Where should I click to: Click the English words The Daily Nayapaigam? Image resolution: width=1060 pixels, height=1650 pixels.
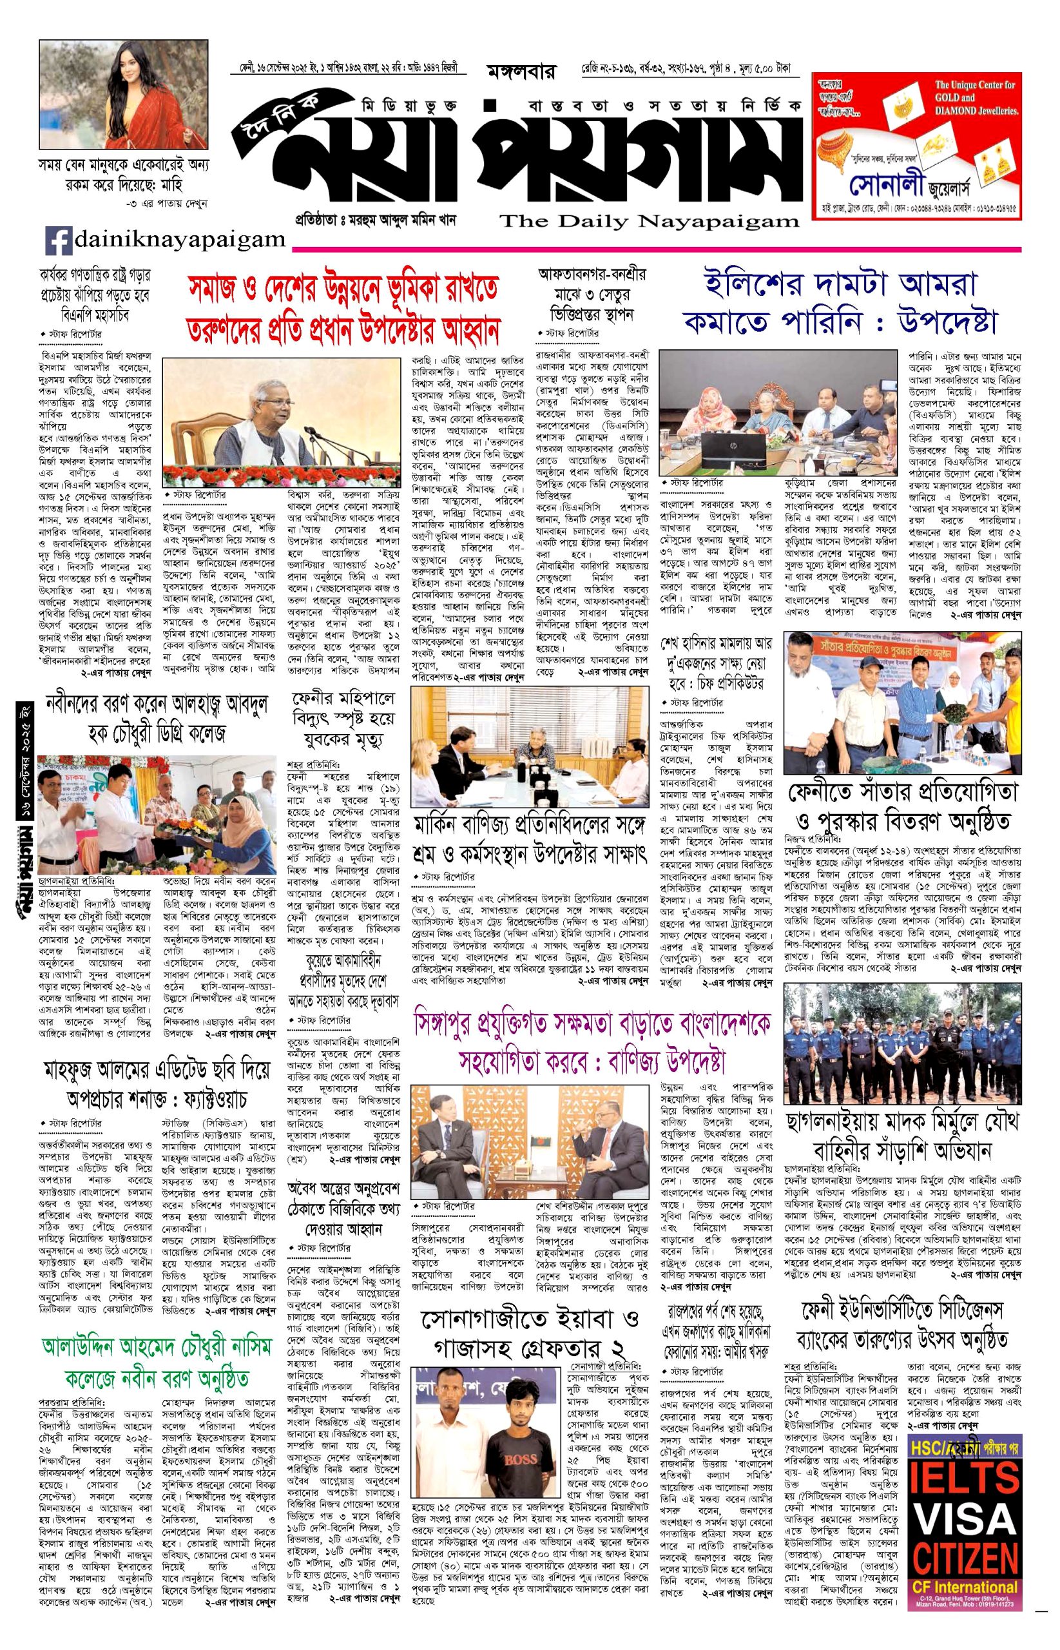point(649,221)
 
